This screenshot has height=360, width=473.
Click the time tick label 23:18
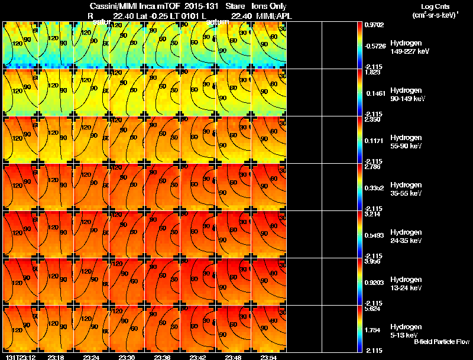56,357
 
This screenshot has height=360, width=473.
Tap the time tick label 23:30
127,357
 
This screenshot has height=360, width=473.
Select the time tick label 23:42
198,357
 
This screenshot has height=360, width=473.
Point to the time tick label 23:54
270,357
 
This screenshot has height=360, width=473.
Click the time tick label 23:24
91,357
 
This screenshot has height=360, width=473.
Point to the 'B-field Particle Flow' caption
442,342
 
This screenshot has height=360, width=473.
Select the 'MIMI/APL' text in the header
270,15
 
